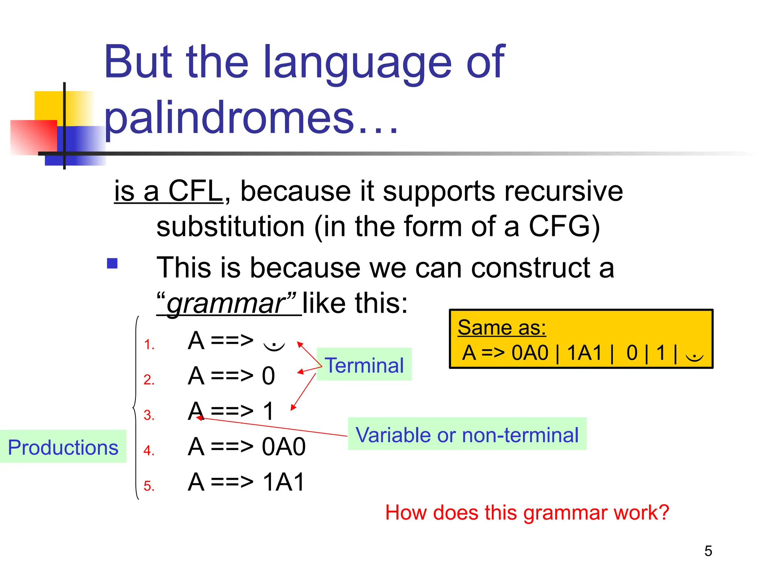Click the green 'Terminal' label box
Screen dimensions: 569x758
(364, 365)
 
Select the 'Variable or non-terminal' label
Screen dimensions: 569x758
(467, 435)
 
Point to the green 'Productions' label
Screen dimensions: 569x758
(63, 447)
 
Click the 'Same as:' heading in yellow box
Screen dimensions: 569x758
(502, 327)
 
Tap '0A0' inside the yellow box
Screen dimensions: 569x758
(530, 353)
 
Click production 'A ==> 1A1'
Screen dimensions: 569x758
(246, 482)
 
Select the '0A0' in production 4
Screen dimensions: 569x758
(284, 446)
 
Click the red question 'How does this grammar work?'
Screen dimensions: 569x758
(527, 513)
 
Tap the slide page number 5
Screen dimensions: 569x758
(708, 551)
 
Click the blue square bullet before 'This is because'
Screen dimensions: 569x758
(112, 263)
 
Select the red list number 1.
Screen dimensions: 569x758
(149, 345)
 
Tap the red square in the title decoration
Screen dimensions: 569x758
(33, 137)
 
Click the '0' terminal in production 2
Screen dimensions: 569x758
(268, 376)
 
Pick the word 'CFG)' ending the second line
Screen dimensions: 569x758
(564, 226)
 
